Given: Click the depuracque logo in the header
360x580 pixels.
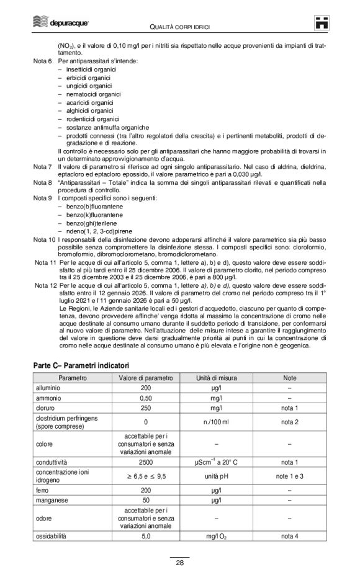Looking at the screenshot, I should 60,23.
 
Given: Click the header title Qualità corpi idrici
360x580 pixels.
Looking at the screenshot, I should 179,25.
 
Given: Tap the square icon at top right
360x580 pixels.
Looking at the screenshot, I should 321,23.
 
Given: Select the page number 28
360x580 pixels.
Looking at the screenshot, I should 179,563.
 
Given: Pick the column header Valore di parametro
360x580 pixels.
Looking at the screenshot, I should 147,377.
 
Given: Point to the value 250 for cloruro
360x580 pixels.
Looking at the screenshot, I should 147,408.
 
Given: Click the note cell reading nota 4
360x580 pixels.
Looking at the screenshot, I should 290,535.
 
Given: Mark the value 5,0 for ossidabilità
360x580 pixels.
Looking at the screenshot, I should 147,535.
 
